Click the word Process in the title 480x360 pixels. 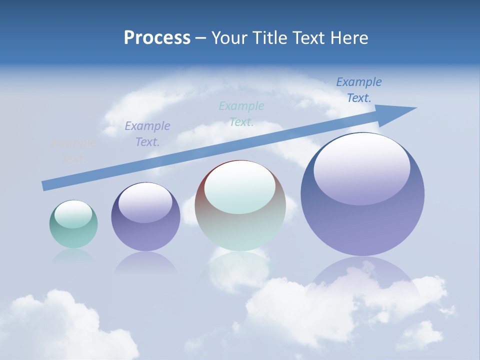pyautogui.click(x=157, y=38)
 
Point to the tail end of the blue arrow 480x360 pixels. pyautogui.click(x=45, y=185)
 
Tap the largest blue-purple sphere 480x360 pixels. pyautogui.click(x=362, y=220)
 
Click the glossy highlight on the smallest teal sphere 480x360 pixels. pyautogui.click(x=73, y=214)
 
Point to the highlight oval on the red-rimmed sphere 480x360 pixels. pyautogui.click(x=239, y=187)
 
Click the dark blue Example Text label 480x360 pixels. pyautogui.click(x=358, y=89)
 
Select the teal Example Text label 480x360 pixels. pyautogui.click(x=241, y=113)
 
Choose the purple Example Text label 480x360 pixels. pyautogui.click(x=147, y=133)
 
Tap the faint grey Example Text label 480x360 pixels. pyautogui.click(x=73, y=150)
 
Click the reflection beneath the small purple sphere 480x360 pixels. pyautogui.click(x=145, y=262)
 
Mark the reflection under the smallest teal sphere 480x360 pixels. pyautogui.click(x=73, y=256)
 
